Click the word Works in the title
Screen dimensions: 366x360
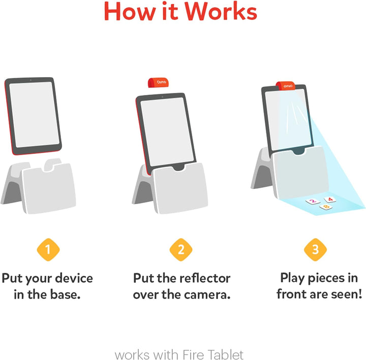(221, 12)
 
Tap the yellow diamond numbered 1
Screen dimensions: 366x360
(48, 249)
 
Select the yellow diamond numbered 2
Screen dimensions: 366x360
(181, 249)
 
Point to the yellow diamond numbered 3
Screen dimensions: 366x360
(315, 249)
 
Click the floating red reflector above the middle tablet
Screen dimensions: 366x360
(158, 83)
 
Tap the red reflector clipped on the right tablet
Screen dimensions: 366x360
(286, 86)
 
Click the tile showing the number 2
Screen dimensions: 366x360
(313, 201)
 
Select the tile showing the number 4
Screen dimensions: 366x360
(330, 200)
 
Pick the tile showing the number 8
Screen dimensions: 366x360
(326, 207)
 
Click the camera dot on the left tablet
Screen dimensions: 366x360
(30, 80)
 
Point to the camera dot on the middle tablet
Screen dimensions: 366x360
(162, 96)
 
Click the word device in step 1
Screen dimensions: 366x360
(74, 278)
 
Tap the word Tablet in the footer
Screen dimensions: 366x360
(225, 354)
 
